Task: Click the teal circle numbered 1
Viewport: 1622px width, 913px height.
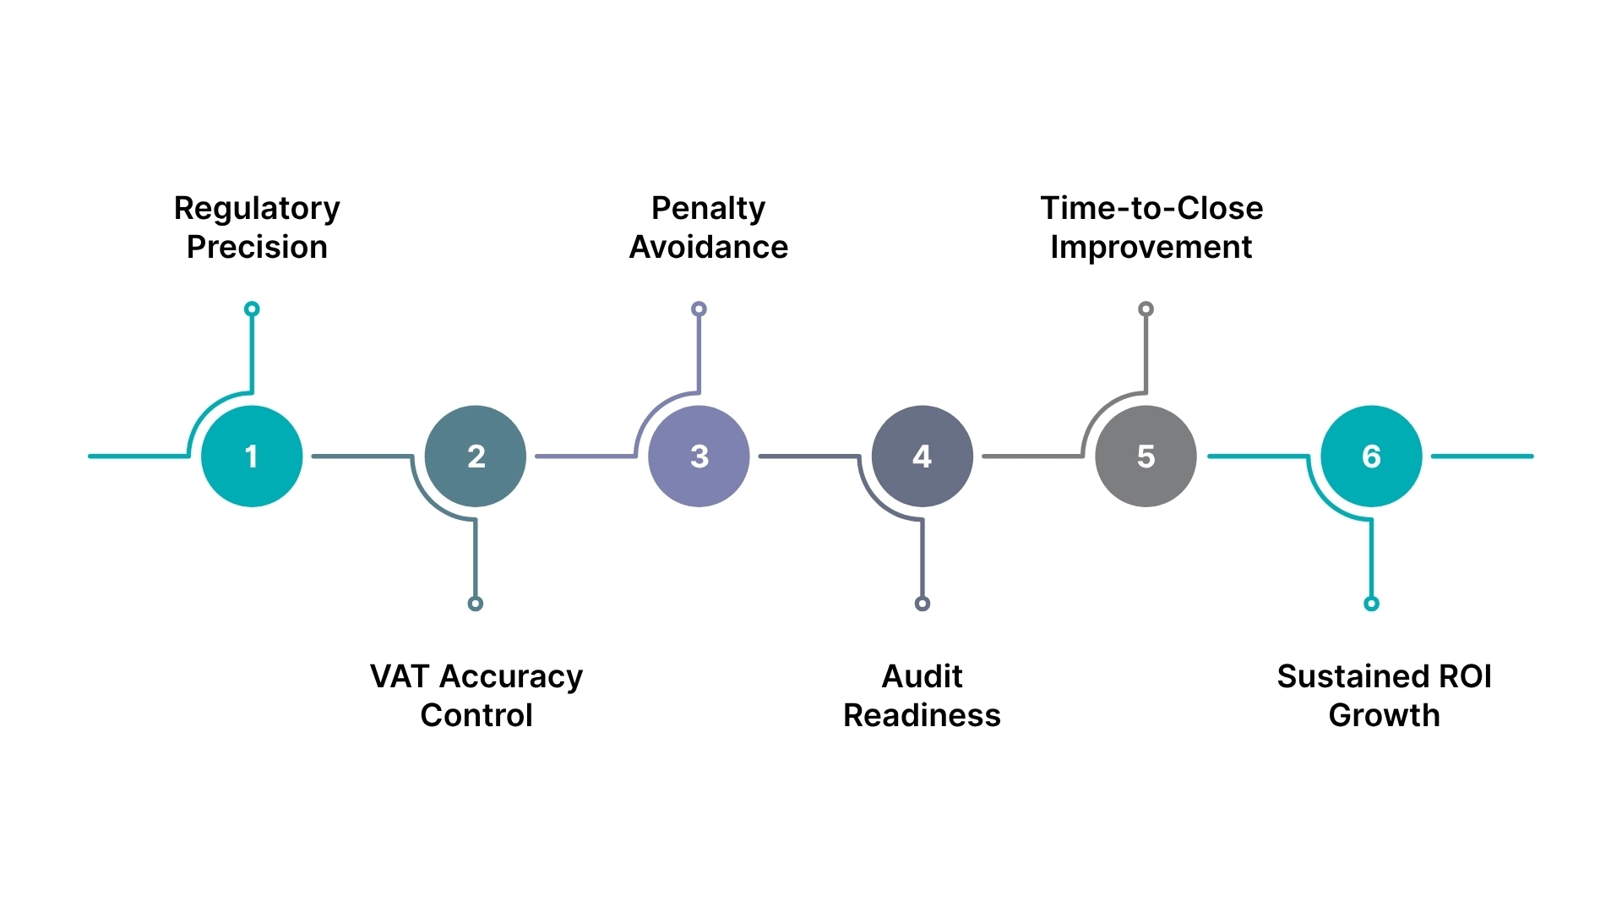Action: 252,456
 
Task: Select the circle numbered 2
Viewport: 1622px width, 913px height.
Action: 476,456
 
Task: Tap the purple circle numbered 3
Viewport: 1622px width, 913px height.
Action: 699,456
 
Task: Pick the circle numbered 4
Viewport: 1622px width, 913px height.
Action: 923,456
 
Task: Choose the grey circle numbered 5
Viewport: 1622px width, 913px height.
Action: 1146,456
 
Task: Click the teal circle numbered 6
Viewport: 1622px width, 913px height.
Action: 1371,456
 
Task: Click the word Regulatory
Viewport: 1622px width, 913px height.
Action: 257,209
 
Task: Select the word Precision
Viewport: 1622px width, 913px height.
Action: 257,248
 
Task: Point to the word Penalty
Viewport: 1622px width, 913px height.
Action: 708,209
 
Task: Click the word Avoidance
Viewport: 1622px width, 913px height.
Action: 708,248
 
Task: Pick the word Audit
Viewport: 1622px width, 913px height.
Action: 922,676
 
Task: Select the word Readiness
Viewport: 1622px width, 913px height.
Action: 922,715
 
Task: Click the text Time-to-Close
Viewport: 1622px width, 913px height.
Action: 1151,209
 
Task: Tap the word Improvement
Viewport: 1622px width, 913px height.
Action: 1151,248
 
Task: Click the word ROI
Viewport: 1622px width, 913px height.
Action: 1465,676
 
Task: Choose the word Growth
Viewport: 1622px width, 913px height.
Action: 1384,715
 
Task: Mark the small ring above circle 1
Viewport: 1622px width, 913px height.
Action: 252,309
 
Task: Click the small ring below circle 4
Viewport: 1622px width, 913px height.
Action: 923,604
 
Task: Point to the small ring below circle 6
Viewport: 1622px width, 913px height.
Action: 1371,604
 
